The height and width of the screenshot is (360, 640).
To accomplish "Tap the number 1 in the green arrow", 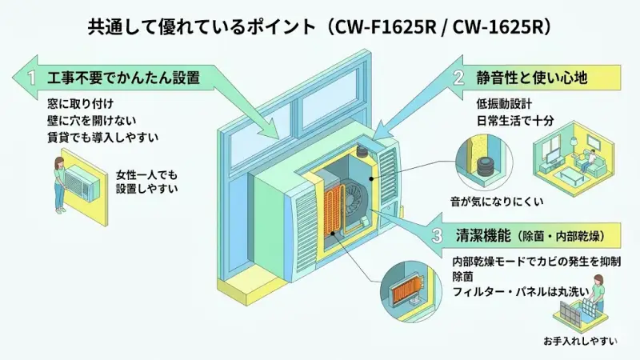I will [31, 78].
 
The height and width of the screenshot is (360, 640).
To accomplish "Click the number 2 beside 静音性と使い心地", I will [458, 78].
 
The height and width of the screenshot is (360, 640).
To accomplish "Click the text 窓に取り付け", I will [81, 105].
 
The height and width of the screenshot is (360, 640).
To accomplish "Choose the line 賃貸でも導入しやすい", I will [102, 137].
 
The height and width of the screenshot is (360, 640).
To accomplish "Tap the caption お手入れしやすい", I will [579, 341].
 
